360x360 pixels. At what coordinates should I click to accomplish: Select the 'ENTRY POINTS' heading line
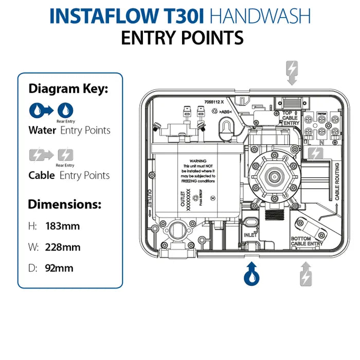182,38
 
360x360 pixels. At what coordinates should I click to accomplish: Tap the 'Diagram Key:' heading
68,88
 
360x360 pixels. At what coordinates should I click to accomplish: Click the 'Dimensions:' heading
64,204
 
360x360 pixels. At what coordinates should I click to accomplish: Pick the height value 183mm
63,226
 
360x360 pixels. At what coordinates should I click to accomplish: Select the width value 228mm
63,247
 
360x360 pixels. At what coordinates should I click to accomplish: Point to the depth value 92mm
60,268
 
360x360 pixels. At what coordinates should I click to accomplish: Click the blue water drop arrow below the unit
251,273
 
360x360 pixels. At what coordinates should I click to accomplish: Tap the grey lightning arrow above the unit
292,73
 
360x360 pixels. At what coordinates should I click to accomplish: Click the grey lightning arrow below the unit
305,273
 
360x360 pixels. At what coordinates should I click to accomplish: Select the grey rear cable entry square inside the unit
315,153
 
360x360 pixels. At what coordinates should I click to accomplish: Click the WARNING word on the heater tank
198,161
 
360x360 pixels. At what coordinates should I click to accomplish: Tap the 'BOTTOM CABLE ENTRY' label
307,241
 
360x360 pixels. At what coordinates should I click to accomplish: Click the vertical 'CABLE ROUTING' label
337,181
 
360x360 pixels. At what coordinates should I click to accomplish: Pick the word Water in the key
42,130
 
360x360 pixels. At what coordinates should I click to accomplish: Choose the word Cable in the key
42,175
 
